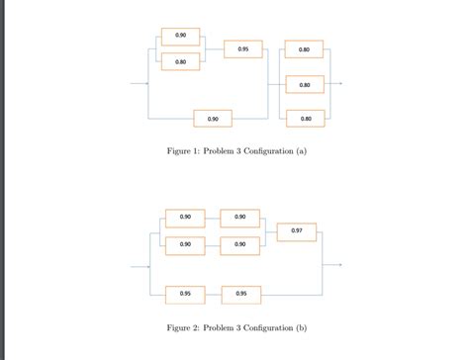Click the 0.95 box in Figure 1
tap(243, 48)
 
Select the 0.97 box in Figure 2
tap(297, 230)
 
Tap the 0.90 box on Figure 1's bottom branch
tap(213, 119)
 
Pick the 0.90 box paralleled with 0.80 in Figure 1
tap(180, 37)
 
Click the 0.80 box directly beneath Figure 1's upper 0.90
tap(180, 62)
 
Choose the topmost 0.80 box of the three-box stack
tap(305, 48)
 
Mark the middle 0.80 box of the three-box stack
tap(305, 85)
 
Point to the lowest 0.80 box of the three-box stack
tap(305, 119)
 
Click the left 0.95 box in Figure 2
tap(185, 294)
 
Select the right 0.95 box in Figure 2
tap(241, 294)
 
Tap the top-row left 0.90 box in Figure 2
tap(185, 218)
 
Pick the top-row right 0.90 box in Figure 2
tap(240, 218)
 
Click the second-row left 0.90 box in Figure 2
tap(185, 243)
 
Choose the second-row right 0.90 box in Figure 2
tap(240, 243)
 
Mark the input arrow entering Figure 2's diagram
tap(138, 266)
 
